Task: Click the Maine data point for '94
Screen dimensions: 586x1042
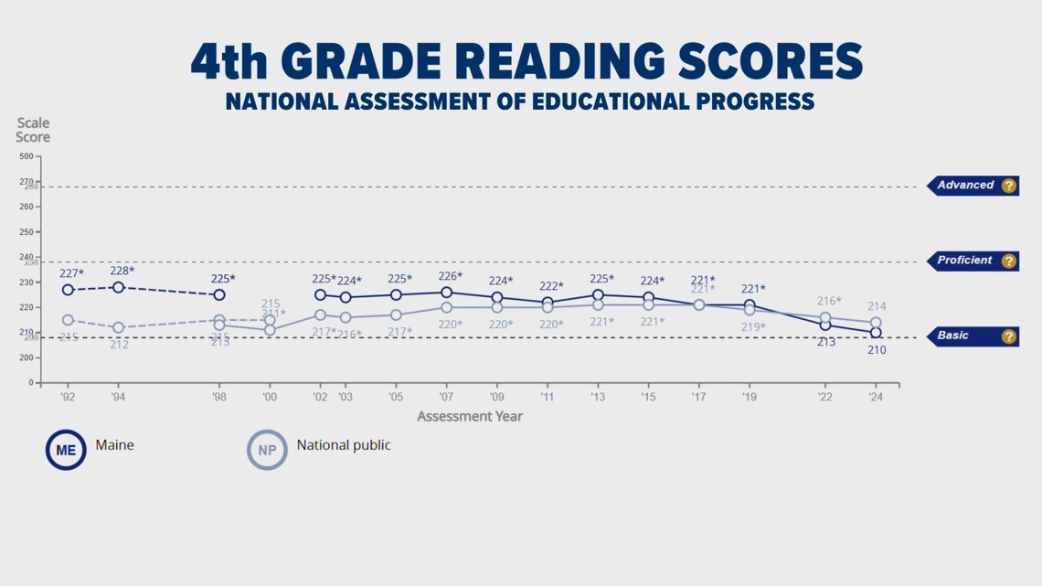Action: coord(118,287)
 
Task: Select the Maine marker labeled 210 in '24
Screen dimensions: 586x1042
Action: coord(876,333)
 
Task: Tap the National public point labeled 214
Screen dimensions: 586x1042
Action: coord(876,323)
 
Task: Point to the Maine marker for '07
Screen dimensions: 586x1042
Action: coord(446,293)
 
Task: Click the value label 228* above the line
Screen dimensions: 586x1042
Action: coord(122,271)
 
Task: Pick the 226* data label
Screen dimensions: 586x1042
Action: coord(450,276)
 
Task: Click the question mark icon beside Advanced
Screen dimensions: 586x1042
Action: coord(1008,186)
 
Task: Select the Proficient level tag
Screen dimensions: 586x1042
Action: coord(964,261)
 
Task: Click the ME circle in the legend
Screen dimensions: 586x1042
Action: coord(66,450)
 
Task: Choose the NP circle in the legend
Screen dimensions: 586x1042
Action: coord(267,450)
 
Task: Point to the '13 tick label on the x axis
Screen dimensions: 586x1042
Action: coord(598,397)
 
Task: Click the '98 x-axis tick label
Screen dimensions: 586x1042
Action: coord(218,397)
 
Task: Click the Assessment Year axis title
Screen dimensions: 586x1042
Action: coord(470,417)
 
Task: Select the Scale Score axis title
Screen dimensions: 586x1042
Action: coord(33,130)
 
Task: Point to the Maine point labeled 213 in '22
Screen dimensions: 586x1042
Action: coord(825,325)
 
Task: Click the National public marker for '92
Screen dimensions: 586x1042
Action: coord(68,320)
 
